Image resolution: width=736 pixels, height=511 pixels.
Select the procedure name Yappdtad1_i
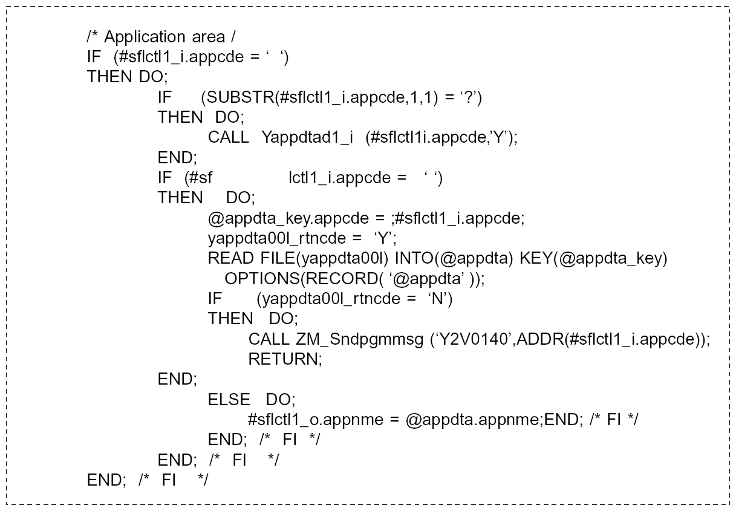click(307, 137)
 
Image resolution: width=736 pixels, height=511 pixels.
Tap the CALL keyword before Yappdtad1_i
click(228, 137)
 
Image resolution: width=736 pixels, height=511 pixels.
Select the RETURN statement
click(285, 359)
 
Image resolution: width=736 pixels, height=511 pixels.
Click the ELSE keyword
click(229, 400)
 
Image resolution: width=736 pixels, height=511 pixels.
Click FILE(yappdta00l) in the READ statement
click(325, 258)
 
